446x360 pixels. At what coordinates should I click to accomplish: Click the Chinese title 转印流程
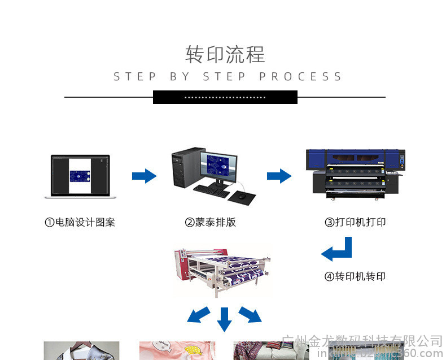pyautogui.click(x=225, y=55)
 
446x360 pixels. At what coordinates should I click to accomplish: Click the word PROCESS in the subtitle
pyautogui.click(x=301, y=77)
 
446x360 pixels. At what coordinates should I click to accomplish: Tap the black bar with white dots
pyautogui.click(x=225, y=97)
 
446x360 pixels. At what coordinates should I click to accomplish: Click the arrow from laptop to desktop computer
pyautogui.click(x=144, y=176)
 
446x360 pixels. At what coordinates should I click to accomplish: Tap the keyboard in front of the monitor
pyautogui.click(x=212, y=190)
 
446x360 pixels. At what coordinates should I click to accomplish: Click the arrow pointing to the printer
pyautogui.click(x=279, y=176)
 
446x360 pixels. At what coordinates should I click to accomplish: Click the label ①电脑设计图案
pyautogui.click(x=80, y=222)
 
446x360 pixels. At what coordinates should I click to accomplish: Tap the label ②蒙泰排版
pyautogui.click(x=210, y=222)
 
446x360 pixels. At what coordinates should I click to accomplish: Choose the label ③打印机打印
pyautogui.click(x=355, y=222)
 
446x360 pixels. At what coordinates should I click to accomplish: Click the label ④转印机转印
pyautogui.click(x=355, y=276)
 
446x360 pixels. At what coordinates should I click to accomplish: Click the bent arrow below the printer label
pyautogui.click(x=338, y=250)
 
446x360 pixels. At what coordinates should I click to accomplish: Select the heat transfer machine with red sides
pyautogui.click(x=222, y=272)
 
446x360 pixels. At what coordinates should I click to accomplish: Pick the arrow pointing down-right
pyautogui.click(x=250, y=314)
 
